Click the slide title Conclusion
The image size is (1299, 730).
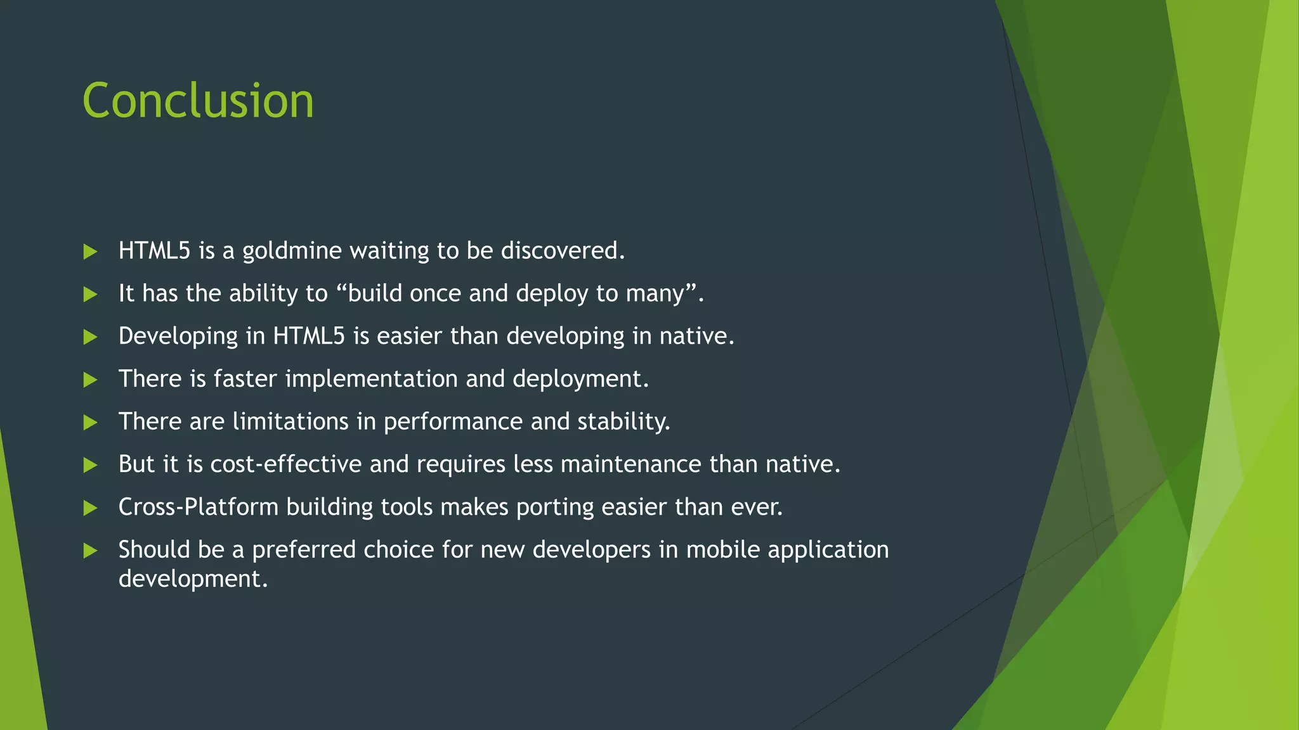coord(198,101)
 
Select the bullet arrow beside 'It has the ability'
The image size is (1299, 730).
coord(90,295)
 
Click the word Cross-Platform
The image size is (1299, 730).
coord(199,507)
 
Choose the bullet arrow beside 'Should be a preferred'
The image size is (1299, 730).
coord(90,551)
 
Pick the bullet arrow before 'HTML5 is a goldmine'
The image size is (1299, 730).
coord(90,252)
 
